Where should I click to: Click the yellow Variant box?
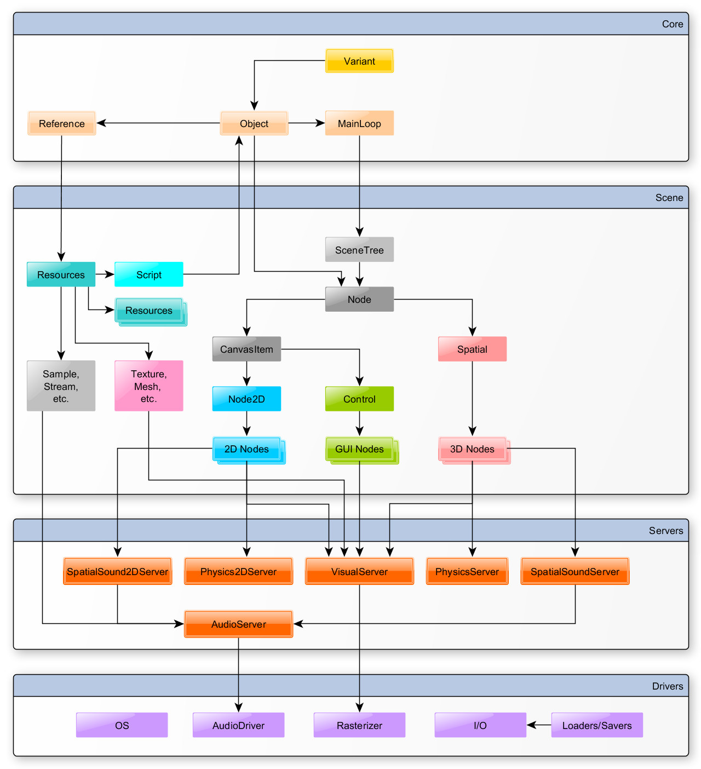[x=359, y=61]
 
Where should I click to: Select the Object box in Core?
[x=254, y=123]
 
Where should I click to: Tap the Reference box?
[x=62, y=123]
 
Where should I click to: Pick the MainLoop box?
[x=359, y=123]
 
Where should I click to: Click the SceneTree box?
[x=359, y=250]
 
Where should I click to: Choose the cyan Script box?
[x=148, y=274]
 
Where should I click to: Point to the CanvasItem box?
[x=246, y=349]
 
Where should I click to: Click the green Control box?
[x=359, y=399]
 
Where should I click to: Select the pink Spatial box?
[x=472, y=349]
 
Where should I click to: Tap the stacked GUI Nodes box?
[x=360, y=449]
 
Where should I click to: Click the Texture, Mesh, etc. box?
[x=148, y=386]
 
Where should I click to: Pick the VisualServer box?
[x=359, y=571]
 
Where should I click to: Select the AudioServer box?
[x=238, y=624]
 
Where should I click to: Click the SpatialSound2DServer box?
[x=117, y=571]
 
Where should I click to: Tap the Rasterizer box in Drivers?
[x=359, y=725]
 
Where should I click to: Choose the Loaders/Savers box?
[x=597, y=725]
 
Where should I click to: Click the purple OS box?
[x=122, y=725]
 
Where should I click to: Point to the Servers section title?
[x=666, y=530]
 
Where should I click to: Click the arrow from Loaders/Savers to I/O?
[x=539, y=725]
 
